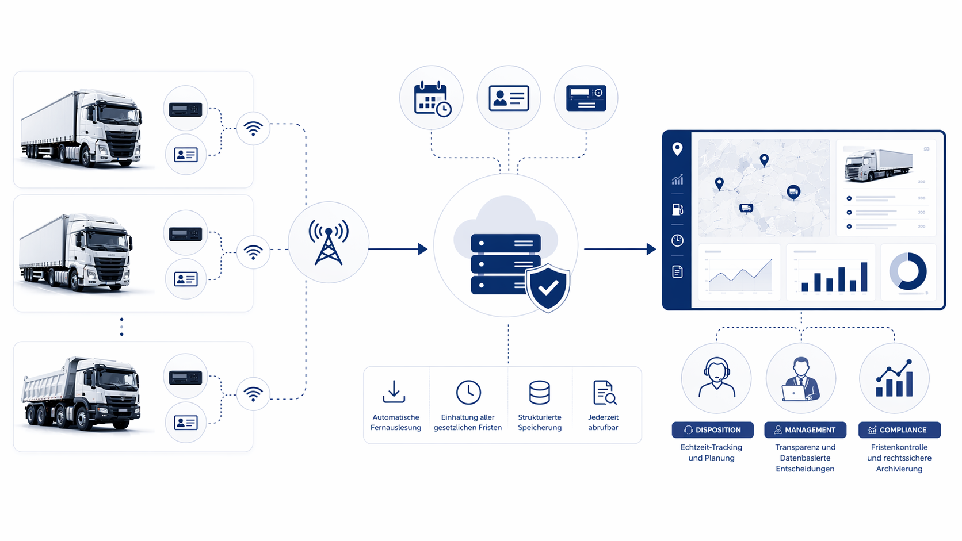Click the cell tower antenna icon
[x=329, y=242]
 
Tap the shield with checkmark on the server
[x=548, y=287]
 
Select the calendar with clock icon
[x=432, y=98]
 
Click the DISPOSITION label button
[x=712, y=429]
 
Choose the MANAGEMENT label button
[x=805, y=429]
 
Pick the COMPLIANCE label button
[x=899, y=429]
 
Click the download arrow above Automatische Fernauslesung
[x=394, y=392]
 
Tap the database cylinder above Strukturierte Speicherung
[x=539, y=392]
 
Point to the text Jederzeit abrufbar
[x=603, y=422]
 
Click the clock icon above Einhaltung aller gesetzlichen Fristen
[x=468, y=392]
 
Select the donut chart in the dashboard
[x=908, y=271]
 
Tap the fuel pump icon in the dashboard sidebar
[x=677, y=209]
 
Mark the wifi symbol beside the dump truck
[x=253, y=394]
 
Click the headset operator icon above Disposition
[x=716, y=378]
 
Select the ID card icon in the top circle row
[x=509, y=98]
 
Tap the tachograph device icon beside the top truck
[x=185, y=109]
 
